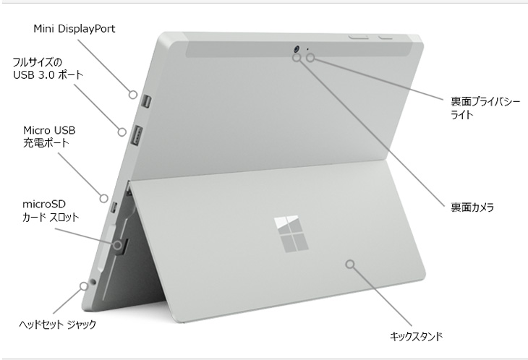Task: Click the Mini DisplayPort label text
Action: pos(74,29)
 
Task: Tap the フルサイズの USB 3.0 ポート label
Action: pos(48,68)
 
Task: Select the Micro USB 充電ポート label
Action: pos(49,137)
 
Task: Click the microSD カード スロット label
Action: pos(51,210)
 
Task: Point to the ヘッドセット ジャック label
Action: pos(58,325)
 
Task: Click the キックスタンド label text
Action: pos(416,336)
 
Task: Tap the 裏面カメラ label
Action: pos(472,207)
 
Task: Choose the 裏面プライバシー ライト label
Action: pos(485,108)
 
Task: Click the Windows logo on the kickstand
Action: pos(291,233)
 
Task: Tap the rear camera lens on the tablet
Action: pos(297,49)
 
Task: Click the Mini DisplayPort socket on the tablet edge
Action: pos(147,102)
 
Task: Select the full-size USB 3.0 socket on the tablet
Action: pos(137,136)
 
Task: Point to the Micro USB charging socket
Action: pos(114,207)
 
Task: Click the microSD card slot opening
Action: pos(123,246)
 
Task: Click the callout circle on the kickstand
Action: pos(351,264)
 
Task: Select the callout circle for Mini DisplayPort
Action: pos(133,95)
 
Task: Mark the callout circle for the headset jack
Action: pos(84,286)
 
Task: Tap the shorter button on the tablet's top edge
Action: pos(386,37)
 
